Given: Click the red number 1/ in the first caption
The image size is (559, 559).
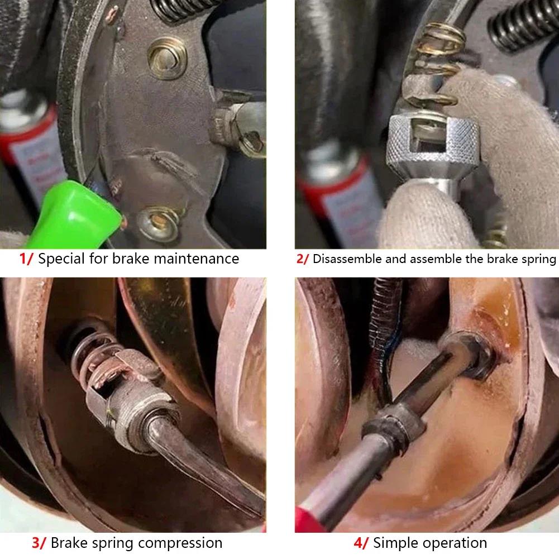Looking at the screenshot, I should tap(26, 259).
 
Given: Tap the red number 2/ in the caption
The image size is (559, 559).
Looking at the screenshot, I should tap(302, 259).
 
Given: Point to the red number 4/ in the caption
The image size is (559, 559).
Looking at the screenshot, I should tap(360, 543).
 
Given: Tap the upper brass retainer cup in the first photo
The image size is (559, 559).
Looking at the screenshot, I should tap(167, 56).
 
